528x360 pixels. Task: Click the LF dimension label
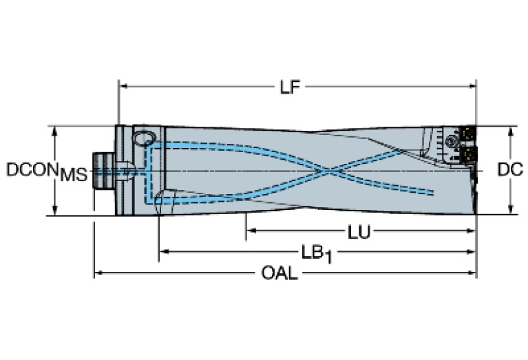coord(290,87)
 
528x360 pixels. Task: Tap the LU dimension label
coord(359,232)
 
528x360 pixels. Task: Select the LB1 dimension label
coord(317,254)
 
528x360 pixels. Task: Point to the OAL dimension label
coord(279,273)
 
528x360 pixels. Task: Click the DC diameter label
coord(510,170)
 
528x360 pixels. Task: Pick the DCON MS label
coord(47,171)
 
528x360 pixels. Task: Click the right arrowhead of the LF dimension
coord(472,86)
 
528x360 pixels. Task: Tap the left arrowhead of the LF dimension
coord(123,86)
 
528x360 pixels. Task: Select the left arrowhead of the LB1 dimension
coord(164,251)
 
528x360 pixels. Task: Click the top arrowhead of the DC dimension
coord(511,131)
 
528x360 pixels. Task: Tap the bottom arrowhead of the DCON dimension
coord(55,210)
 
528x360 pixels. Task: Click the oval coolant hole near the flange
coord(144,138)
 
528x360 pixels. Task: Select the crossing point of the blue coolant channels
coord(327,172)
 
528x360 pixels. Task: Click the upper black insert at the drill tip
coord(467,135)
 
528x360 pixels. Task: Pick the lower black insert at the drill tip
coord(469,155)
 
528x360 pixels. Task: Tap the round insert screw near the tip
coord(450,141)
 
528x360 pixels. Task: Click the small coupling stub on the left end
coord(104,171)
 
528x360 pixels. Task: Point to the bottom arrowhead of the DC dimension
coord(511,209)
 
